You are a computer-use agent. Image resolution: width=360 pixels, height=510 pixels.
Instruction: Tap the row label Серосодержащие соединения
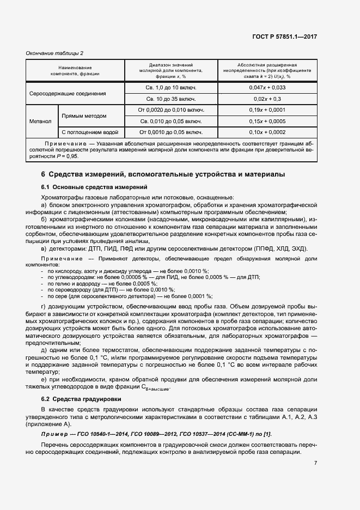click(68, 93)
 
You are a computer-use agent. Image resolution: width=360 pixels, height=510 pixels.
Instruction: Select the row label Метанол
click(41, 122)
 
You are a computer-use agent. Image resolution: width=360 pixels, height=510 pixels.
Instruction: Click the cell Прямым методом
click(84, 116)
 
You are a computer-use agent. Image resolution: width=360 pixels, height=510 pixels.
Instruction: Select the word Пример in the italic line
click(53, 434)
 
